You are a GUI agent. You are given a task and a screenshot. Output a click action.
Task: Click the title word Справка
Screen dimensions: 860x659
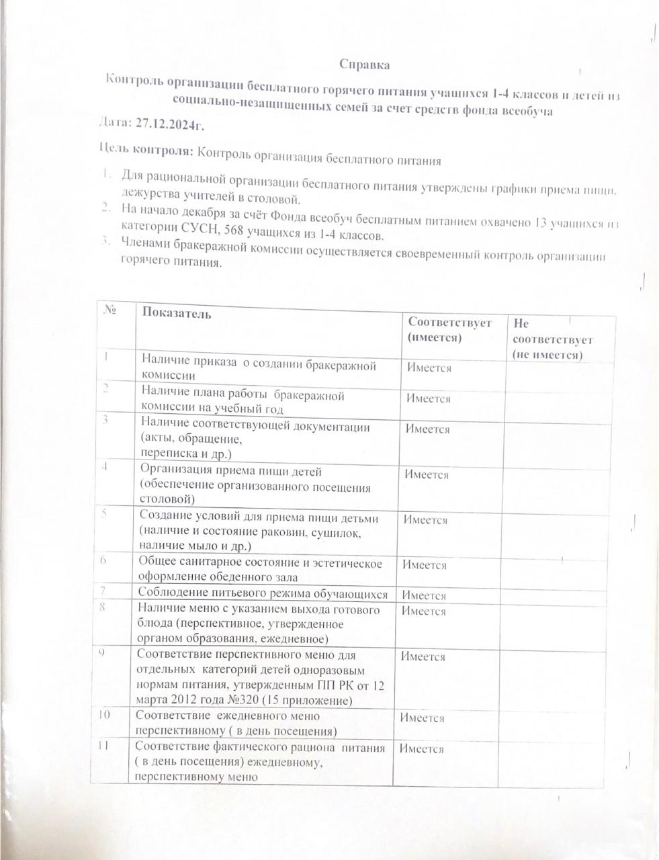tap(364, 65)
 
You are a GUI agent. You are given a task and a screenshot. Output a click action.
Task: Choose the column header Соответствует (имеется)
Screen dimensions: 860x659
tap(449, 329)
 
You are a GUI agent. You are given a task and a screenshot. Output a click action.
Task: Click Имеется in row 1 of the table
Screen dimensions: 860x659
tap(429, 368)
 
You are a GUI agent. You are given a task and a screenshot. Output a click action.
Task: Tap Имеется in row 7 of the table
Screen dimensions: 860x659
tap(424, 595)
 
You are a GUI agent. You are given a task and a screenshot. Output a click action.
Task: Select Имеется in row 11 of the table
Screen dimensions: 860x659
tap(422, 749)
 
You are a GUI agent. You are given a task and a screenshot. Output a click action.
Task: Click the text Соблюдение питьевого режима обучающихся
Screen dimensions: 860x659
tap(263, 594)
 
